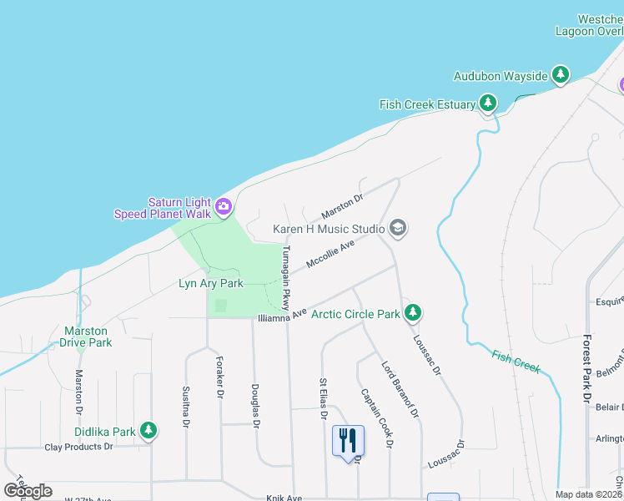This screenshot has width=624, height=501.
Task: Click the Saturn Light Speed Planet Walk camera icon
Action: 223,206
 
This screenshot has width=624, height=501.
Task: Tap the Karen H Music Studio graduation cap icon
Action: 398,228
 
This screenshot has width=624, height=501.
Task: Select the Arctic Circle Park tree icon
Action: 412,314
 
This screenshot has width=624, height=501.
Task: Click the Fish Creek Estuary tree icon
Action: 487,104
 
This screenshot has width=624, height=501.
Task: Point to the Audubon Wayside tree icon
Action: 561,76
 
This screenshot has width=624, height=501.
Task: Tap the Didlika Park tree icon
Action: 148,432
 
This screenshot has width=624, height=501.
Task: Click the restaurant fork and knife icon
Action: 348,438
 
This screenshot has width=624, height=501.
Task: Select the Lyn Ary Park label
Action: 211,284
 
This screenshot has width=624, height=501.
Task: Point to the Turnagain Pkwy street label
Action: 286,277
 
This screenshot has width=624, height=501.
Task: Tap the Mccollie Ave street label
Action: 330,254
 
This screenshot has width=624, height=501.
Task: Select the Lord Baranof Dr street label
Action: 400,389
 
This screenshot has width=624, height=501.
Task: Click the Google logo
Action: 28,490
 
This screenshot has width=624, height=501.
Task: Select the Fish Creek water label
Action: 516,362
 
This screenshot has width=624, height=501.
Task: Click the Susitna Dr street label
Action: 185,407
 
